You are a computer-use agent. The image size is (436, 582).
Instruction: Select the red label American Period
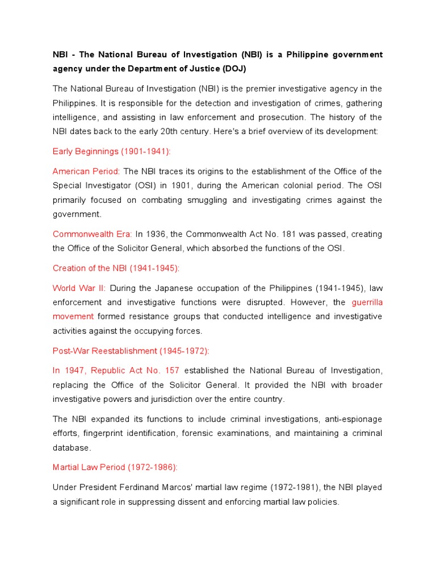[86, 171]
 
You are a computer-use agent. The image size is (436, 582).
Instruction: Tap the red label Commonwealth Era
[92, 234]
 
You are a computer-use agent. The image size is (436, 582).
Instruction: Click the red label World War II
[79, 288]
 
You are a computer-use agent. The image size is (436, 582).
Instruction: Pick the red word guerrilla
[367, 302]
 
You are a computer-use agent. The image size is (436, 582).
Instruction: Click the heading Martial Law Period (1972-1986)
[115, 467]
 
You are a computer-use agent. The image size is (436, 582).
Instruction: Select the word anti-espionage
[351, 419]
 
